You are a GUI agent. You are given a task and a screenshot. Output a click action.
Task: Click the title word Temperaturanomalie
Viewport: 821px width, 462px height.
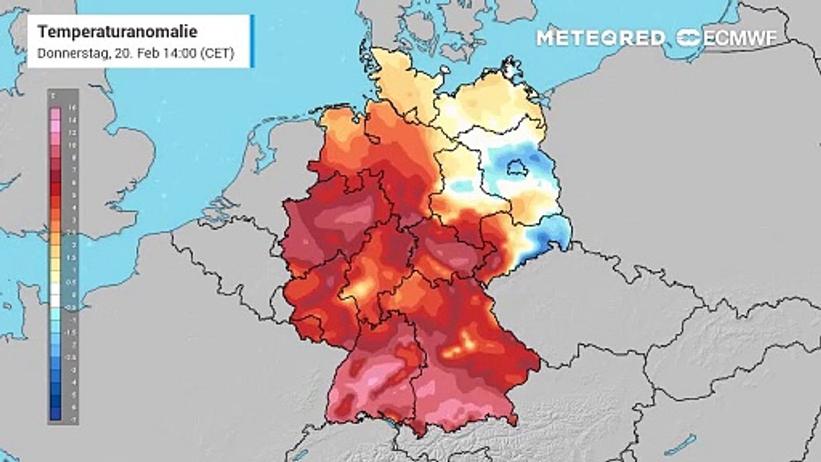[117, 32]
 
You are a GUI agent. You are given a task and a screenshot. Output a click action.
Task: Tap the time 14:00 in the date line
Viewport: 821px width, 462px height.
[176, 54]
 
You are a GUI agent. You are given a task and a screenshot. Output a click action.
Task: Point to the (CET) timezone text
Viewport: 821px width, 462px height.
[216, 54]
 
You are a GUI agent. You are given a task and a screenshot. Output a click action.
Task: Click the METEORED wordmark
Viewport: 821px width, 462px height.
[601, 38]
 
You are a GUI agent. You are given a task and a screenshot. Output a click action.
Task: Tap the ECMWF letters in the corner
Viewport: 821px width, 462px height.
[740, 38]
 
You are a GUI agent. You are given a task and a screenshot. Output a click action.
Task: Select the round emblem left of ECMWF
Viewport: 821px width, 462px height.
[689, 38]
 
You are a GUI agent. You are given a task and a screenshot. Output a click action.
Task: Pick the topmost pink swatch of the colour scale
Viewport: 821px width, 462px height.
[55, 113]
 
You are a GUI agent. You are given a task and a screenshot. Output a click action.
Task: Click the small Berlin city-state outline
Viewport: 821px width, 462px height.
[516, 169]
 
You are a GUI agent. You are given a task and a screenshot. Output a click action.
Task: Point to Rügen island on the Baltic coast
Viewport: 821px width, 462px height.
[511, 70]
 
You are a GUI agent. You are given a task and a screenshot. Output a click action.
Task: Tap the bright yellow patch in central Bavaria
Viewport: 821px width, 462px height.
[463, 346]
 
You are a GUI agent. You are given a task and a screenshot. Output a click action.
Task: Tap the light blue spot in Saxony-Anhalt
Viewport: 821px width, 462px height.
[462, 187]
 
